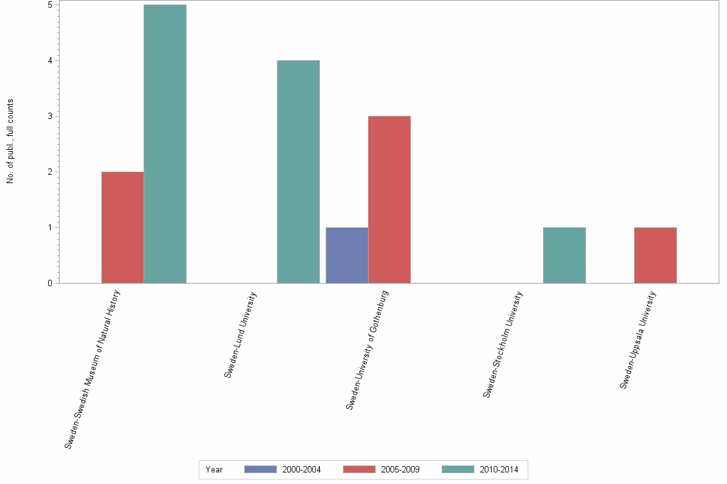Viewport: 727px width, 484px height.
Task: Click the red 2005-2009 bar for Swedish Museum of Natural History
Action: [x=122, y=227]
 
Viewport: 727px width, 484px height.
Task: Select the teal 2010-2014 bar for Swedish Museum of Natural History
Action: [x=165, y=144]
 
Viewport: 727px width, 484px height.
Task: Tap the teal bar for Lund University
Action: [x=298, y=172]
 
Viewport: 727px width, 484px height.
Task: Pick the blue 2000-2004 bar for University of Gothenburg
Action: [x=347, y=255]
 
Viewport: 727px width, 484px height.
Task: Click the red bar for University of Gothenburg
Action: [x=389, y=200]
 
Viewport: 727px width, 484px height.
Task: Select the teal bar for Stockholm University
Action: [x=564, y=255]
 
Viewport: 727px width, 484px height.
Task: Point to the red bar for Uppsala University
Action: [x=655, y=255]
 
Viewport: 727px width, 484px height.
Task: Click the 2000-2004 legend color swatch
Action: [x=260, y=469]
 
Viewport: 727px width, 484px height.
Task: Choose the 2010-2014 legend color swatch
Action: [x=458, y=469]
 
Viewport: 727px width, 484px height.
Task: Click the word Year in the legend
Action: [x=214, y=469]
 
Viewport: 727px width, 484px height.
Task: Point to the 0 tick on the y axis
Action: [x=49, y=283]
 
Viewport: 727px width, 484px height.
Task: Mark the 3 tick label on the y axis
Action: [x=49, y=116]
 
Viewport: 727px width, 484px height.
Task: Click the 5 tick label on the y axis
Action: [x=49, y=4]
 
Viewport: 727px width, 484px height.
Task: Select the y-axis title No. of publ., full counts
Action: [x=10, y=141]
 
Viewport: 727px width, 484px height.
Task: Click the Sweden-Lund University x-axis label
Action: [x=240, y=334]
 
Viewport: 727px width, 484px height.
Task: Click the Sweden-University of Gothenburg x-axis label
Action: [x=367, y=350]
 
